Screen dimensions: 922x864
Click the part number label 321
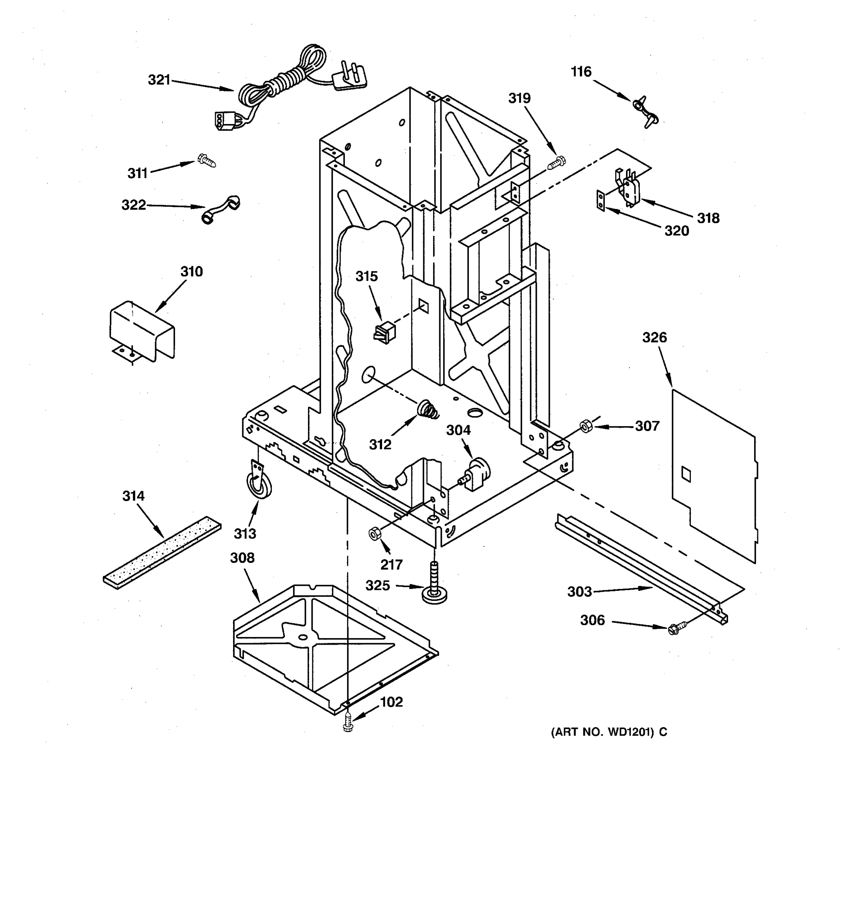(x=159, y=80)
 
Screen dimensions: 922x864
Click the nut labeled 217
(x=375, y=534)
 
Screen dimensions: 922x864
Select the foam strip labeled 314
(x=162, y=552)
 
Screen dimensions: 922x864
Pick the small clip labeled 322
(x=222, y=209)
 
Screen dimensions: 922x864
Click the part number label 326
(x=654, y=338)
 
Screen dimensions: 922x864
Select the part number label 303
(x=579, y=591)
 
